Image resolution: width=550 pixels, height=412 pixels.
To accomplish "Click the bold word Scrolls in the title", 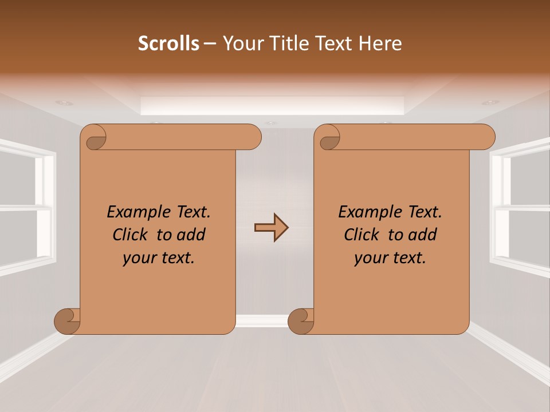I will coord(168,43).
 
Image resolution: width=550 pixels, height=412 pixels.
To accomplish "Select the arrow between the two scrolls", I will coord(271,228).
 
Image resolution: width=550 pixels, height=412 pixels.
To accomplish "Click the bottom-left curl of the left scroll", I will coord(68,321).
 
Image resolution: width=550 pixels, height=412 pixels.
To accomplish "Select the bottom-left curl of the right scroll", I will coord(301,321).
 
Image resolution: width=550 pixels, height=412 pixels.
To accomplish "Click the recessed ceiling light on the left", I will coord(64,103).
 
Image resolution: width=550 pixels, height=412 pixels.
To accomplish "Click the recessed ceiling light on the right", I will coord(490,103).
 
